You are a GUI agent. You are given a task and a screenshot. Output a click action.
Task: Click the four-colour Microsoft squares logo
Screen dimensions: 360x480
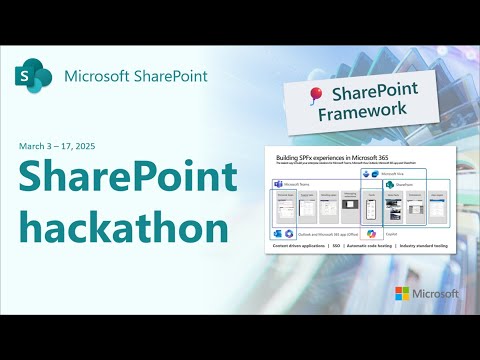pyautogui.click(x=404, y=294)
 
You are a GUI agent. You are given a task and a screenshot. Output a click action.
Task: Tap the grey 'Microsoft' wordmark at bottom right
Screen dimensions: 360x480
pyautogui.click(x=436, y=294)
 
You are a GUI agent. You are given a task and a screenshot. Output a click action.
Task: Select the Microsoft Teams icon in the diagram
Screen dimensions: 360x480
pyautogui.click(x=277, y=185)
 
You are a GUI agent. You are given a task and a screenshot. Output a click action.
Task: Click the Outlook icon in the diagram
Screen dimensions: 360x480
pyautogui.click(x=277, y=232)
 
